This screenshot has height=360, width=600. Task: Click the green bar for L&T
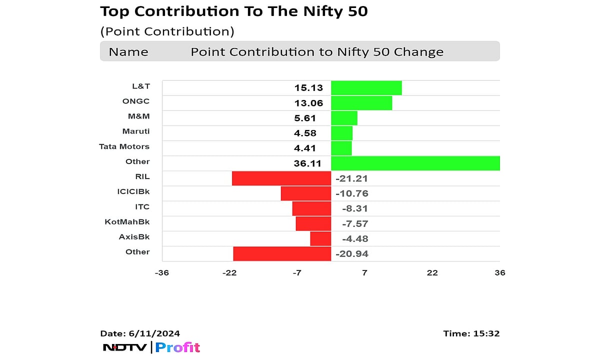click(366, 88)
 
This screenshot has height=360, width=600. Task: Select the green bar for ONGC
click(361, 103)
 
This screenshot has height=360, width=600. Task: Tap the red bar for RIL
click(281, 178)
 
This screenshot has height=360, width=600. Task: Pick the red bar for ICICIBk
click(306, 193)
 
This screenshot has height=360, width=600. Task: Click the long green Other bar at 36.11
click(415, 163)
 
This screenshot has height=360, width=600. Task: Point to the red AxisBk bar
click(320, 238)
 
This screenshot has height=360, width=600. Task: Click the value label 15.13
click(308, 88)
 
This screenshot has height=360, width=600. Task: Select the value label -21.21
click(351, 178)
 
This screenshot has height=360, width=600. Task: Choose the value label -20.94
click(351, 254)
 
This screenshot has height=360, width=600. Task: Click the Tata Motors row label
click(124, 146)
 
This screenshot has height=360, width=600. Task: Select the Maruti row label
click(135, 131)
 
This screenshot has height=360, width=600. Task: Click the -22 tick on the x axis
click(229, 272)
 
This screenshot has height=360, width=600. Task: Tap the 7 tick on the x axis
click(364, 272)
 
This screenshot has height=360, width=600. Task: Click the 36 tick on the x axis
click(499, 272)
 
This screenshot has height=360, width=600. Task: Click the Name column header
click(128, 52)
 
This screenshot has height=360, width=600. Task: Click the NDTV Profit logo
click(151, 347)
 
